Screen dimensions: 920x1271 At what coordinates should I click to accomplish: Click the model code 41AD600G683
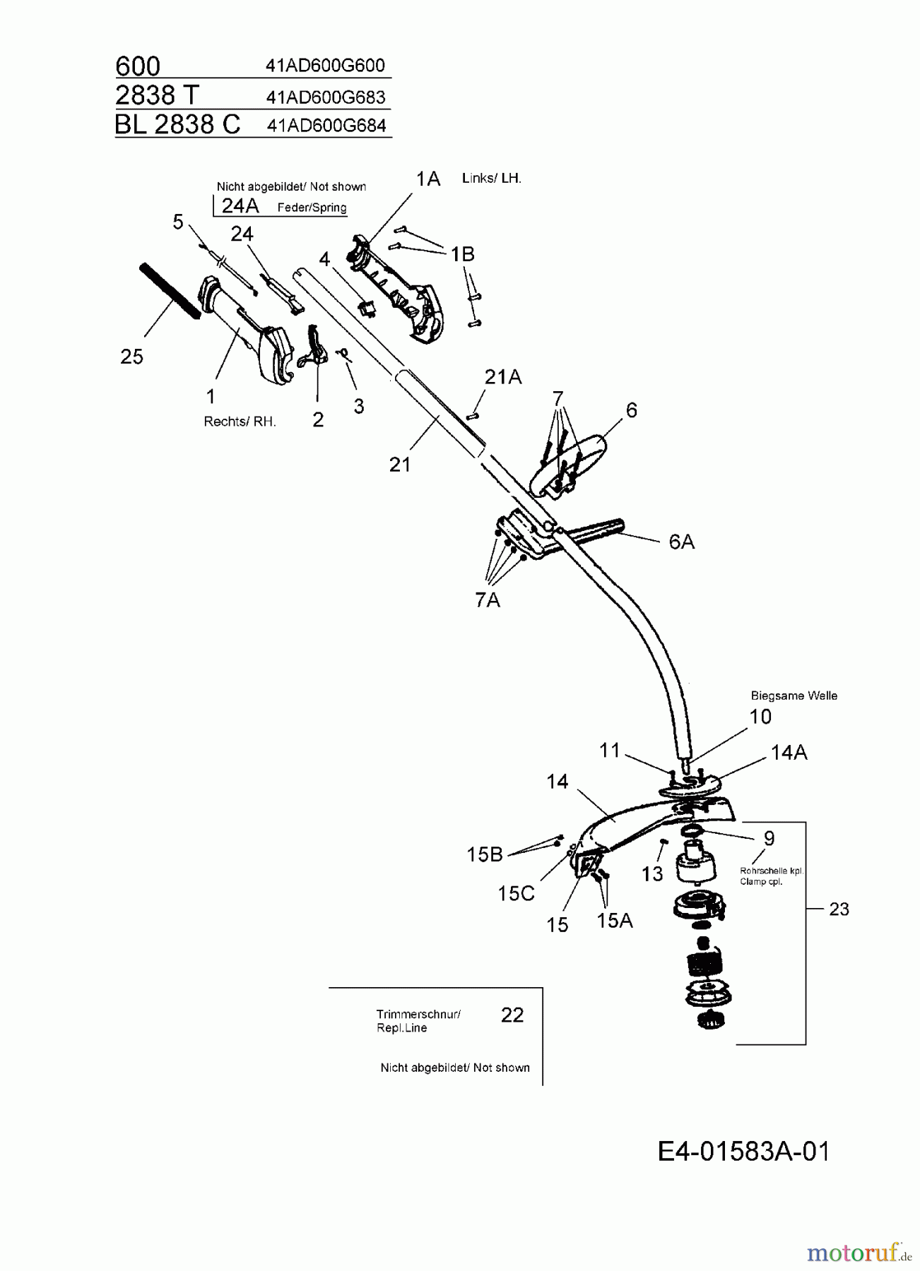pyautogui.click(x=326, y=97)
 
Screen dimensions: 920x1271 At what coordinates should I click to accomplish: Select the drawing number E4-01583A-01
pyautogui.click(x=744, y=1152)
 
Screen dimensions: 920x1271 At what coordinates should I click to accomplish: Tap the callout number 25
pyautogui.click(x=131, y=357)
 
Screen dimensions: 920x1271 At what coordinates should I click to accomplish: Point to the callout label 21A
pyautogui.click(x=503, y=378)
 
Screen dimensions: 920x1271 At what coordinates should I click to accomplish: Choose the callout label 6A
pyautogui.click(x=681, y=542)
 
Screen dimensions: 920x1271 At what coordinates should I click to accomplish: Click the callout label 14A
pyautogui.click(x=789, y=753)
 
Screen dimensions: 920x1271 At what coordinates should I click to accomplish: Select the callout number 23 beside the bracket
pyautogui.click(x=839, y=909)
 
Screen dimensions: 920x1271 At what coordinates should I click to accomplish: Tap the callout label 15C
pyautogui.click(x=516, y=894)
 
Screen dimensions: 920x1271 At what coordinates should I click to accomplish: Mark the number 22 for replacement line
pyautogui.click(x=512, y=1015)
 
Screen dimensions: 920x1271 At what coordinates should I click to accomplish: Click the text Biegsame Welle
pyautogui.click(x=794, y=696)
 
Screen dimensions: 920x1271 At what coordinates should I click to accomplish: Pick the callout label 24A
pyautogui.click(x=240, y=205)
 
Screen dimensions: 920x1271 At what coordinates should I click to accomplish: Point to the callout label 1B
pyautogui.click(x=463, y=254)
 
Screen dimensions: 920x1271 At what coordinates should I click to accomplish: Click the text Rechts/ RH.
pyautogui.click(x=240, y=422)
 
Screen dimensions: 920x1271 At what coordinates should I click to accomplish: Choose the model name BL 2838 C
pyautogui.click(x=177, y=124)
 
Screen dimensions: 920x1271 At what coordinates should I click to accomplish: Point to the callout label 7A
pyautogui.click(x=488, y=600)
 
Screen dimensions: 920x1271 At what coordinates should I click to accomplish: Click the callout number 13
pyautogui.click(x=652, y=874)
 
